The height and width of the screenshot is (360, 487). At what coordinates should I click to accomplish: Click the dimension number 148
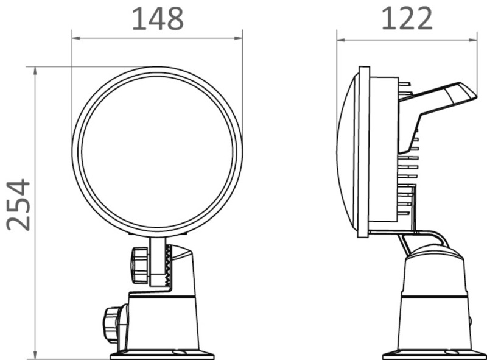click(x=158, y=19)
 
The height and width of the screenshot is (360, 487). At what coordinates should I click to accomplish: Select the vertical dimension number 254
click(x=19, y=205)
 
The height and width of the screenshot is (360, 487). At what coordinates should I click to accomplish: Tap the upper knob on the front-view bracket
click(x=140, y=264)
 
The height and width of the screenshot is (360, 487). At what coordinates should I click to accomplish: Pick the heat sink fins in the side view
click(x=408, y=177)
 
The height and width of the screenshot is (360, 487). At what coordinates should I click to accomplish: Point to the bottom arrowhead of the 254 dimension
click(x=35, y=355)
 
